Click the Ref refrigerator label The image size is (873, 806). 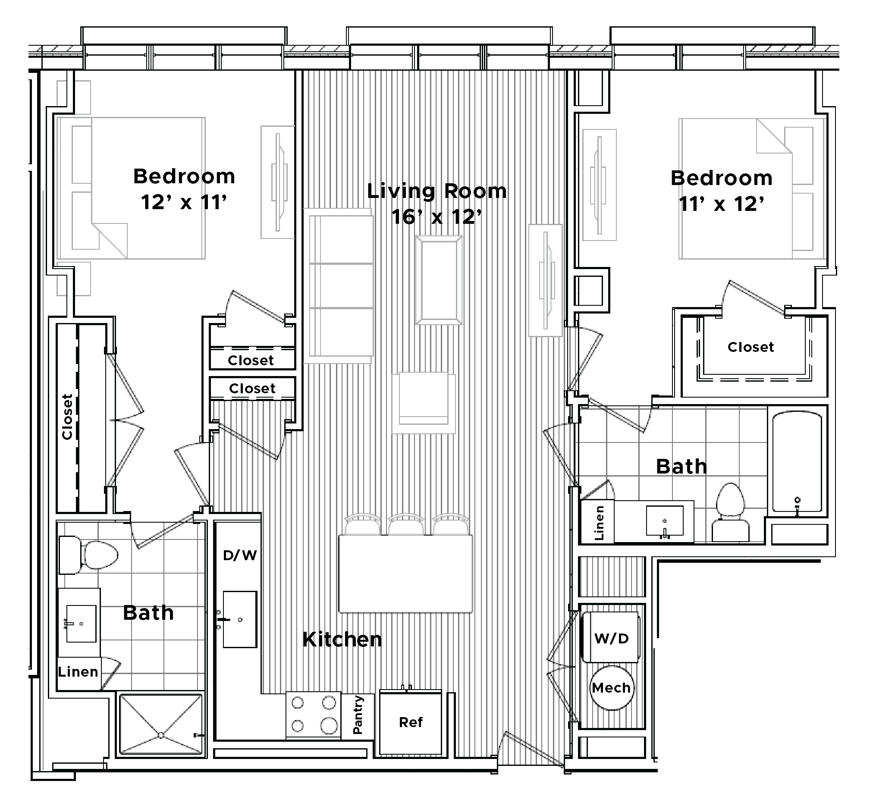pyautogui.click(x=411, y=722)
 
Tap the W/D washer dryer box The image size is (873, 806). pyautogui.click(x=611, y=638)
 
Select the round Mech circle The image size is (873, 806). pyautogui.click(x=611, y=688)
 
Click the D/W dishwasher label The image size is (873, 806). pyautogui.click(x=239, y=555)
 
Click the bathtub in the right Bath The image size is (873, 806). pyautogui.click(x=797, y=462)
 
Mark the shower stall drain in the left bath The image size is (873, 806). pyautogui.click(x=161, y=735)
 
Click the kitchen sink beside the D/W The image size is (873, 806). pyautogui.click(x=239, y=619)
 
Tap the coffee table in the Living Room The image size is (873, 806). pyautogui.click(x=439, y=279)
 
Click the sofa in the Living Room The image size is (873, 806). pyautogui.click(x=341, y=285)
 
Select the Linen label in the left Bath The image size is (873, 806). pyautogui.click(x=78, y=672)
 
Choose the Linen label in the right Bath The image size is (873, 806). pyautogui.click(x=599, y=523)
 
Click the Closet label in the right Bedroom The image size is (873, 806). pyautogui.click(x=751, y=347)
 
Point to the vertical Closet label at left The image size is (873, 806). pyautogui.click(x=67, y=417)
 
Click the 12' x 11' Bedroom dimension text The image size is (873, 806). pyautogui.click(x=184, y=202)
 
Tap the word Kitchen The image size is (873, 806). pyautogui.click(x=342, y=640)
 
